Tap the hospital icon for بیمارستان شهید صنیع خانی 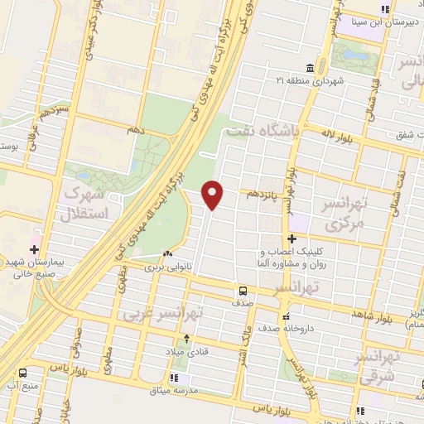pos(34,249)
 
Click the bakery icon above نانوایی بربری pos(168,254)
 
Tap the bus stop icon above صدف pos(243,291)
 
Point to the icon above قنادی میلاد pos(187,338)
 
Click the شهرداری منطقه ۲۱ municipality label pos(311,80)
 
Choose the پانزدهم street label pos(263,193)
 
